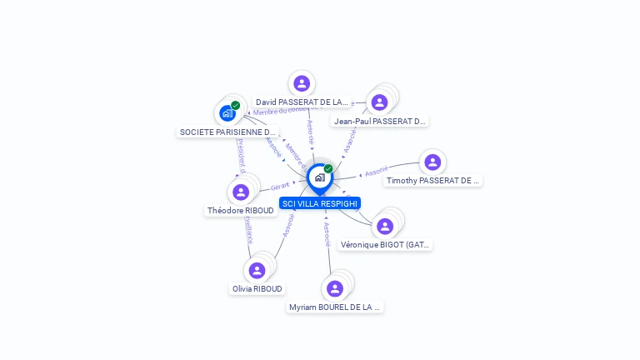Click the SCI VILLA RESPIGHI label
(x=320, y=203)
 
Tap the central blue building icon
(x=319, y=177)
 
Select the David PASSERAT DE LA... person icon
(x=302, y=83)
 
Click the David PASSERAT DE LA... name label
(x=302, y=102)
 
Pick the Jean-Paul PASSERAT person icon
(x=379, y=102)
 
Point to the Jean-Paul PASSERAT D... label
(x=379, y=121)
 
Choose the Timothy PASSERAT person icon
(x=432, y=162)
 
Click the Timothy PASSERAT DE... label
(x=433, y=180)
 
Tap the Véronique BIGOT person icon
(x=384, y=226)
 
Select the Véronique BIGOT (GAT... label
(x=385, y=245)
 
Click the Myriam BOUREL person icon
(x=335, y=288)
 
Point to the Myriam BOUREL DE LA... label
(x=335, y=307)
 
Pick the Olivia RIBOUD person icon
(x=257, y=270)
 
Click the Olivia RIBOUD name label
(x=257, y=289)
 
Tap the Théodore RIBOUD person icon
(x=241, y=192)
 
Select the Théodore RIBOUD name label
(x=241, y=211)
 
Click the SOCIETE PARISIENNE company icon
(x=227, y=112)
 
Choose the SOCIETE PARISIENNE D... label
(x=227, y=132)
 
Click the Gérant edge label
(x=279, y=187)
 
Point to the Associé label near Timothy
(x=377, y=172)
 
